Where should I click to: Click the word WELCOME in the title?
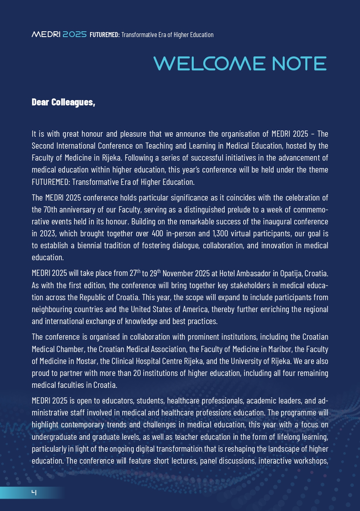pyautogui.click(x=209, y=63)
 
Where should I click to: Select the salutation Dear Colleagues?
pyautogui.click(x=63, y=102)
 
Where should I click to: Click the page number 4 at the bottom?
pyautogui.click(x=34, y=492)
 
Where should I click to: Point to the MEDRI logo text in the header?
pyautogui.click(x=46, y=35)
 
